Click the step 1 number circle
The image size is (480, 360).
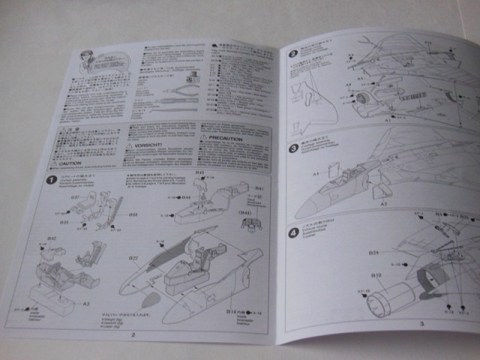tap(49, 180)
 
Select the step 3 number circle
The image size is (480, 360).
tap(294, 148)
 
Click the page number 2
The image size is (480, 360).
tap(132, 335)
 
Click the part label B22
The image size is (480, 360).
tap(132, 257)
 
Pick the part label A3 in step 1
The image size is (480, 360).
tap(87, 304)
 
